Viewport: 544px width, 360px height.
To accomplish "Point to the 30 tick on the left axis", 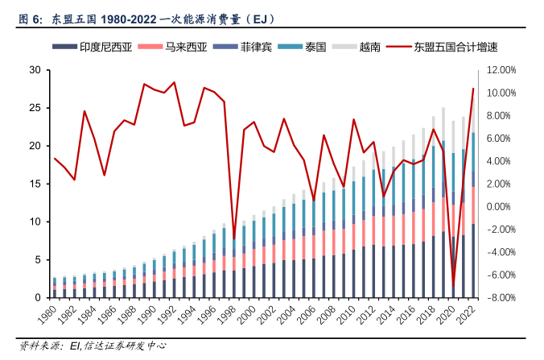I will click(x=35, y=70).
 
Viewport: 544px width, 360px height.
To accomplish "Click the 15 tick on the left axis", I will click(x=35, y=184).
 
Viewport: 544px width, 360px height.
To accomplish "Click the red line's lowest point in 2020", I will click(x=454, y=286).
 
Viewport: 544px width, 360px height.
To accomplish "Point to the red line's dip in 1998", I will click(x=234, y=238).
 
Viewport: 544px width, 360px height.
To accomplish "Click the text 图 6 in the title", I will click(x=31, y=17).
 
